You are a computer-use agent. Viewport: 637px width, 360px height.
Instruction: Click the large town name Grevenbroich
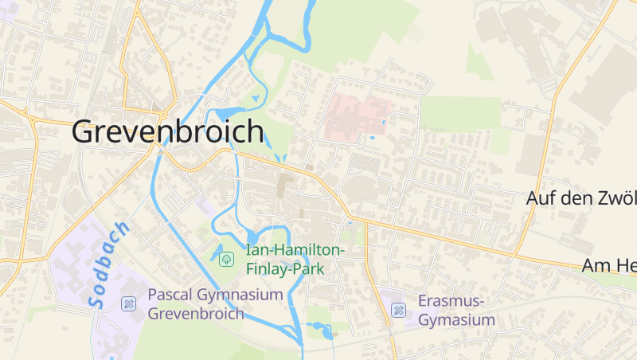[167, 131]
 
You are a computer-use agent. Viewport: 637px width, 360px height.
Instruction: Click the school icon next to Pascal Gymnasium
[127, 303]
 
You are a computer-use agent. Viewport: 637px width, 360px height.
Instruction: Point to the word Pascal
[172, 295]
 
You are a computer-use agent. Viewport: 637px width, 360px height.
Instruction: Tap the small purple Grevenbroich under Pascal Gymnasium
[196, 313]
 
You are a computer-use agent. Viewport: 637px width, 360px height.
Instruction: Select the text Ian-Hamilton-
[295, 250]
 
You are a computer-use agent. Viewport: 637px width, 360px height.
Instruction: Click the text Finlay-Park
[284, 268]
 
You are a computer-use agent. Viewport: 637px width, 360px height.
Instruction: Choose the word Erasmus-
[451, 302]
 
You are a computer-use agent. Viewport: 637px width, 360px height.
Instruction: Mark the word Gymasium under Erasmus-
[456, 320]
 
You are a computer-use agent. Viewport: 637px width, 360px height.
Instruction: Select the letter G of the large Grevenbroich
[86, 131]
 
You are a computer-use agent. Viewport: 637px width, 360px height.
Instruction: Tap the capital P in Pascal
[154, 295]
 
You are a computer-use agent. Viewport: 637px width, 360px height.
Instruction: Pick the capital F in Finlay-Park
[251, 268]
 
